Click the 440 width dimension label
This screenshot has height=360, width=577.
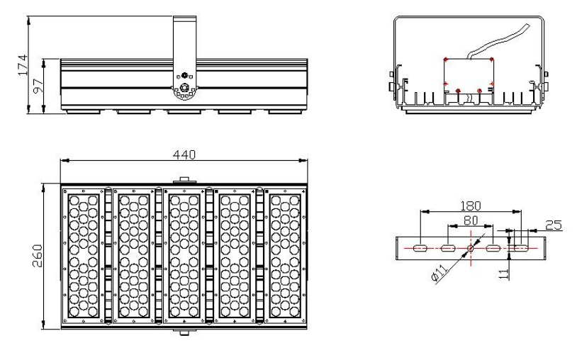tap(184, 154)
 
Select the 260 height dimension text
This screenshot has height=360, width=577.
tap(38, 256)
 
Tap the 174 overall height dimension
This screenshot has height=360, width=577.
tap(23, 65)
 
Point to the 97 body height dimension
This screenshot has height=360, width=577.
tap(38, 86)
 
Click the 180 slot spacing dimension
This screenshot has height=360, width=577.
tap(471, 206)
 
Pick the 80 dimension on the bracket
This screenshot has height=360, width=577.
tap(471, 220)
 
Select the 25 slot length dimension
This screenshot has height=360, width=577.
tap(554, 225)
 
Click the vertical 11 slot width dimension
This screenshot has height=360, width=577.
tap(504, 274)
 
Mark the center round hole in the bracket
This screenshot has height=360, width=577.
tap(471, 248)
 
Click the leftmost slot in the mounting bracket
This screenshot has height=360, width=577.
tap(420, 249)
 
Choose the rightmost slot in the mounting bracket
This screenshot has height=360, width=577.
tap(521, 249)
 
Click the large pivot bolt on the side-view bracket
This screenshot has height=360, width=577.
tap(184, 88)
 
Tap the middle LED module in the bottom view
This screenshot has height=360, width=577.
tap(184, 256)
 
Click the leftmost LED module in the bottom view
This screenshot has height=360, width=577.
tap(84, 256)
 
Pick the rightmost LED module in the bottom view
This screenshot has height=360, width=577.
tap(285, 256)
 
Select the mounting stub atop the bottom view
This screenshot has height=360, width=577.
tap(184, 180)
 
